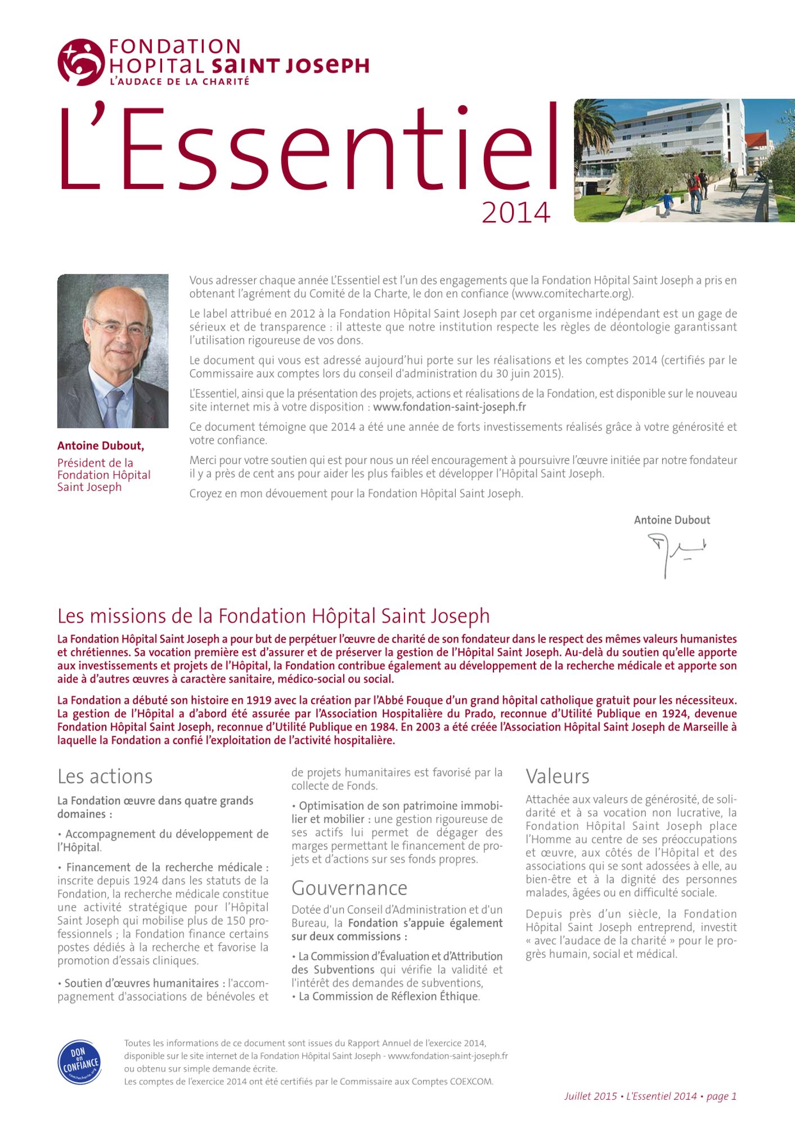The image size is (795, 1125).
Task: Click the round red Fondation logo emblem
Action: [81, 62]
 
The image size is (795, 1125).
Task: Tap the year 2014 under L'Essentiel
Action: [515, 213]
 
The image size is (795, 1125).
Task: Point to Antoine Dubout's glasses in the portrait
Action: [119, 327]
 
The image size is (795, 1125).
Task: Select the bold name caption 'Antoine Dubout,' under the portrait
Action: [101, 445]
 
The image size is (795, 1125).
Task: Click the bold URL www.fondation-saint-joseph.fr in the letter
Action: [450, 407]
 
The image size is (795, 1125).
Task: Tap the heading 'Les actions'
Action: [105, 776]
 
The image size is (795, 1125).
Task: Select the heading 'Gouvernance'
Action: [349, 888]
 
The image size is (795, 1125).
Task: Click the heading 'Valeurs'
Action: [557, 776]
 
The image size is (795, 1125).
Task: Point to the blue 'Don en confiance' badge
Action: [80, 1062]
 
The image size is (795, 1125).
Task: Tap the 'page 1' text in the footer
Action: [721, 1096]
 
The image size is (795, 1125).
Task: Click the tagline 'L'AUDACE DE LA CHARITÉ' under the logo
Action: [179, 82]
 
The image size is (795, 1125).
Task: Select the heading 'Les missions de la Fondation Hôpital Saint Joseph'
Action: [273, 616]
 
